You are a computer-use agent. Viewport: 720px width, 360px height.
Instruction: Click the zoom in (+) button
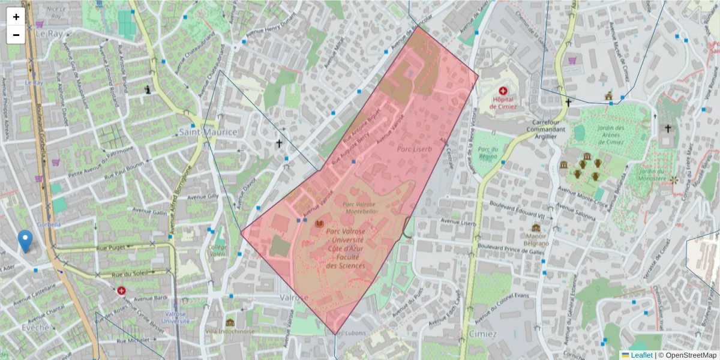coord(16,17)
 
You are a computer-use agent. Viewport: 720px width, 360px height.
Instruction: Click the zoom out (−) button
coord(16,35)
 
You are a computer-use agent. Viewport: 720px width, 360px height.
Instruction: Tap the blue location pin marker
coord(25,241)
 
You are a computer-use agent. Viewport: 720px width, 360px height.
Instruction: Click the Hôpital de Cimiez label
coord(502,103)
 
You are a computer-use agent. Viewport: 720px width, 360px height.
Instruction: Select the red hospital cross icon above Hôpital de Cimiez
coord(502,91)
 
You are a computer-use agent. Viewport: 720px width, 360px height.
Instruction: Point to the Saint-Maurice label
coord(208,131)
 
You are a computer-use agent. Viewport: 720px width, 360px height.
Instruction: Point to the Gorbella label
coord(49,224)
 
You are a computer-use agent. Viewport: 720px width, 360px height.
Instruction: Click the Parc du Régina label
coord(489,152)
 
